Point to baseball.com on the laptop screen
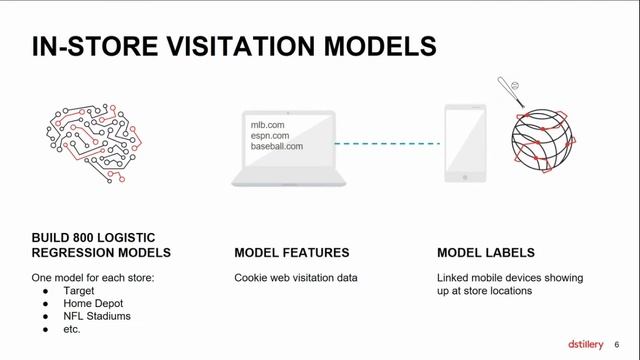coord(276,147)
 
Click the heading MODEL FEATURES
coord(291,253)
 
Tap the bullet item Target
coord(78,290)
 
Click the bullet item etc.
coord(73,329)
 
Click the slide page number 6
coord(616,345)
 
